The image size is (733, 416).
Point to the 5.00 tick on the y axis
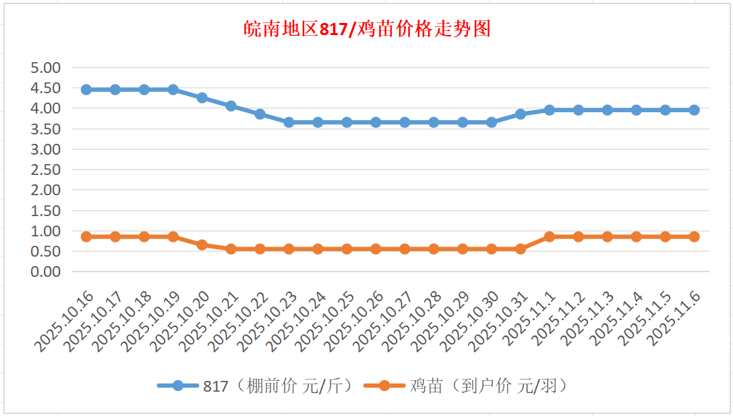tap(46, 68)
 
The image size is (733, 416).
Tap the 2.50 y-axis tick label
tap(46, 170)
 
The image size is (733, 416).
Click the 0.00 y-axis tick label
tap(46, 271)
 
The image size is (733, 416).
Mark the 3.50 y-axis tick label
tap(46, 129)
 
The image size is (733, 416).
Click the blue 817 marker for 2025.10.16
tap(86, 90)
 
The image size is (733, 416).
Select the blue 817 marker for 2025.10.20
tap(202, 98)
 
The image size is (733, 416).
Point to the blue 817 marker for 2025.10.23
tap(289, 122)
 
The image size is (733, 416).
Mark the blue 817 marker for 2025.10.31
tap(520, 114)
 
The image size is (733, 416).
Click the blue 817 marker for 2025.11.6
tap(694, 110)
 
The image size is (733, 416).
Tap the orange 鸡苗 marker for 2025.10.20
tap(202, 245)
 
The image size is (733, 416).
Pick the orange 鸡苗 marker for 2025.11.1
tap(549, 237)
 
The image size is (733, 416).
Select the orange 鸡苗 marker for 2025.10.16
tap(86, 237)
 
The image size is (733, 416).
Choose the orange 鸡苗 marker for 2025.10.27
tap(405, 249)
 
